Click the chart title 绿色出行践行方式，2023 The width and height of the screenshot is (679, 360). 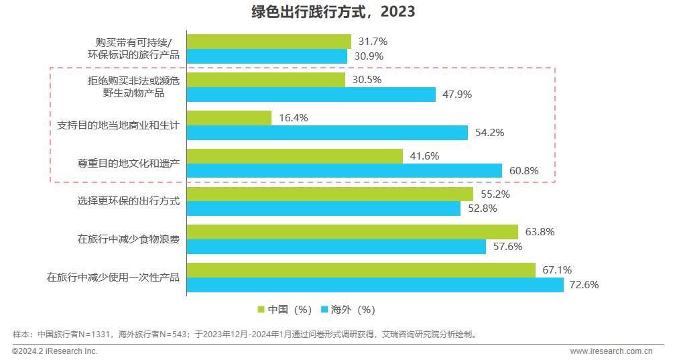323,11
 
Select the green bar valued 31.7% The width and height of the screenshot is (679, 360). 269,42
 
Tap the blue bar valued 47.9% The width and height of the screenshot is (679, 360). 311,95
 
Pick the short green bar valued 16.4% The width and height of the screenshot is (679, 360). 229,118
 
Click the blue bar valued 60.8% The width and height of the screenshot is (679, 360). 345,171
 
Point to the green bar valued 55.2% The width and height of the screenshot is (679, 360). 330,194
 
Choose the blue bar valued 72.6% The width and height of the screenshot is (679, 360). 375,285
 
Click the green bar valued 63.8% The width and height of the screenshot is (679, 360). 353,232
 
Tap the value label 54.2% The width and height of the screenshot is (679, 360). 489,133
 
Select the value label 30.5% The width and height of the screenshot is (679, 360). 367,80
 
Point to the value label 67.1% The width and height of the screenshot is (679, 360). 557,270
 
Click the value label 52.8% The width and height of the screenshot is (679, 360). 482,209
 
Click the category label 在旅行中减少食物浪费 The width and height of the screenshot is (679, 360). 128,239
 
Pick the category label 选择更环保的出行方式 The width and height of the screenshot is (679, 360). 128,201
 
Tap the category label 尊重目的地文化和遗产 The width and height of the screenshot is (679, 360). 128,163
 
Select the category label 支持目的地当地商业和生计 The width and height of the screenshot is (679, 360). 118,125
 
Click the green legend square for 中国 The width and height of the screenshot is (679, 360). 262,310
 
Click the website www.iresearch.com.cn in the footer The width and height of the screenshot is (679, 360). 611,351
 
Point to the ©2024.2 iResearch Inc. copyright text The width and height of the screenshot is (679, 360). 55,351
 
